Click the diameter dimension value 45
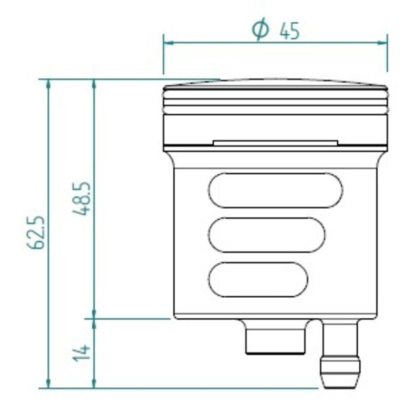pos(290,31)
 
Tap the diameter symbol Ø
pos(260,30)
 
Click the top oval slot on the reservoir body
pos(275,190)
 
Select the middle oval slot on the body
pos(266,235)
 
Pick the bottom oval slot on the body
pos(258,279)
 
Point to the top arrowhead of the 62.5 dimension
pos(48,84)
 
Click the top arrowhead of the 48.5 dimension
pos(94,84)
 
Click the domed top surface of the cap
pos(275,83)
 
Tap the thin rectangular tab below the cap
pos(275,142)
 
